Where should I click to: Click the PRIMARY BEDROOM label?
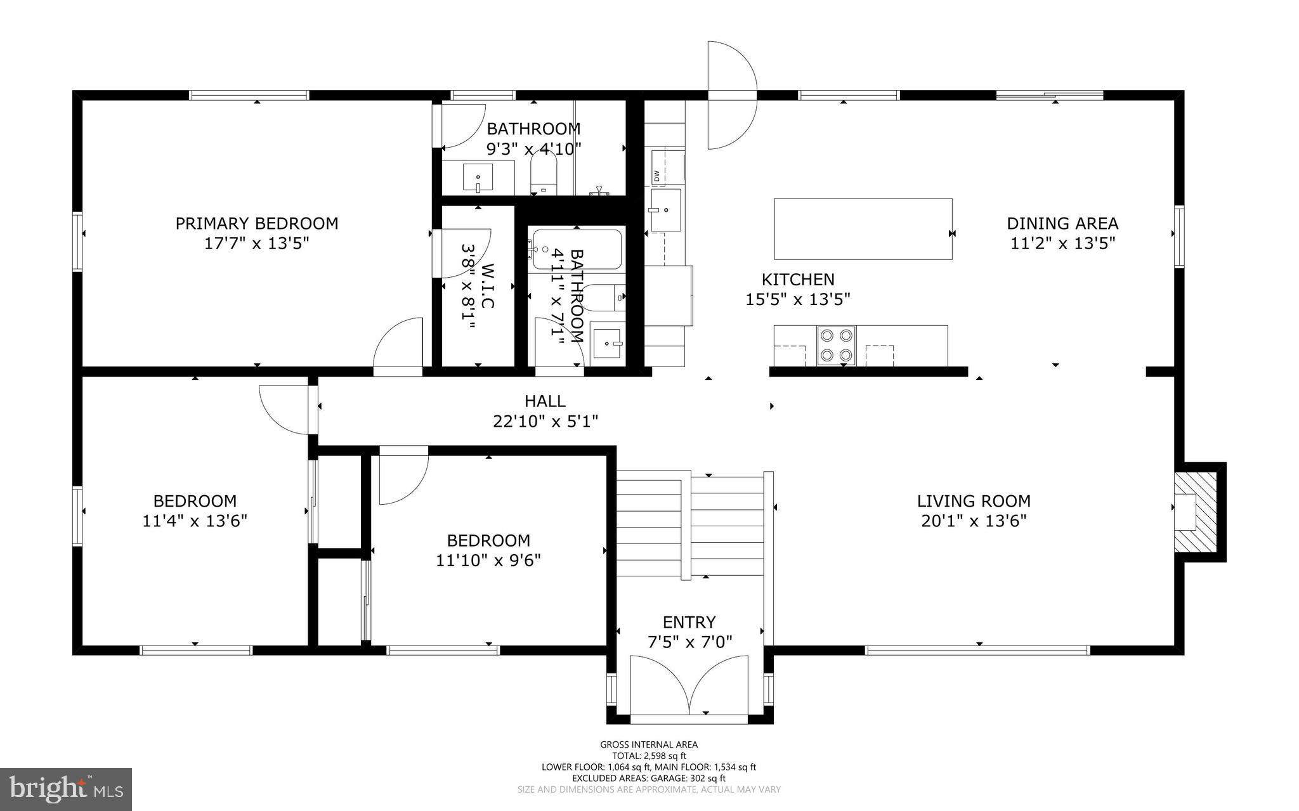click(256, 223)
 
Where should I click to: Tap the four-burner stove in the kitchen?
click(836, 346)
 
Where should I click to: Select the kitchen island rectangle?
click(863, 229)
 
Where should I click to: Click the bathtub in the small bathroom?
click(576, 249)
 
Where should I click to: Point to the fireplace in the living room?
click(1195, 512)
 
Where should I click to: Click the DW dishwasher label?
click(656, 176)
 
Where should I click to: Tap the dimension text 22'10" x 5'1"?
click(545, 421)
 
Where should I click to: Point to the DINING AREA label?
click(1062, 223)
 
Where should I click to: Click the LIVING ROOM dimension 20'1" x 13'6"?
click(974, 521)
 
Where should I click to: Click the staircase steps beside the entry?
click(691, 526)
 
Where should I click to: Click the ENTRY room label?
click(689, 622)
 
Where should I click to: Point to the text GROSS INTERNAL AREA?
click(649, 744)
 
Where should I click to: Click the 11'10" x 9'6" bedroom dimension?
click(488, 561)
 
